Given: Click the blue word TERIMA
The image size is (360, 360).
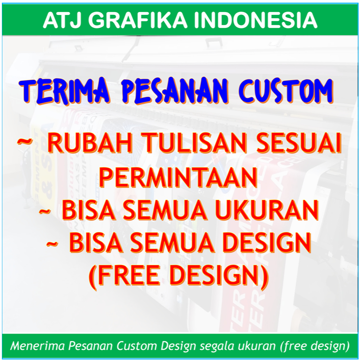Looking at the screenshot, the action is pyautogui.click(x=65, y=91).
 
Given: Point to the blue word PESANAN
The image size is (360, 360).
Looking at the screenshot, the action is pyautogui.click(x=175, y=91).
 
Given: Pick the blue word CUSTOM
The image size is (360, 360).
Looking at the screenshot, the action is pyautogui.click(x=285, y=91).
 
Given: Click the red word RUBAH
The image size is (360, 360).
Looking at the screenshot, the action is pyautogui.click(x=90, y=143).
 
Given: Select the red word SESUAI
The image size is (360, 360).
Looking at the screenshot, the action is pyautogui.click(x=299, y=143).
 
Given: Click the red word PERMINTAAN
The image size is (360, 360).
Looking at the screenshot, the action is pyautogui.click(x=178, y=177).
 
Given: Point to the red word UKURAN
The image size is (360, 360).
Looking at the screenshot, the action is pyautogui.click(x=267, y=210).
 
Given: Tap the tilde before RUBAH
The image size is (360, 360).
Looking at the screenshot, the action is pyautogui.click(x=25, y=141).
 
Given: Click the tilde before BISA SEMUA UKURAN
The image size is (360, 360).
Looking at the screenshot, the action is pyautogui.click(x=45, y=211).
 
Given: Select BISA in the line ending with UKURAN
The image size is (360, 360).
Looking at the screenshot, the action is pyautogui.click(x=89, y=210).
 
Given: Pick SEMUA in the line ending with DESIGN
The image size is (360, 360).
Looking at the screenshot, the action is pyautogui.click(x=172, y=242).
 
